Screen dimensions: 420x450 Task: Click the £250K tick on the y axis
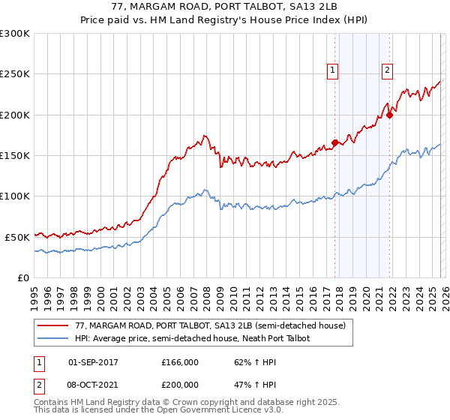(15, 74)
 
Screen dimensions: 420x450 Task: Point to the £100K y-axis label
(15, 196)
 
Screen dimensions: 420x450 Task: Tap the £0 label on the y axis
(22, 277)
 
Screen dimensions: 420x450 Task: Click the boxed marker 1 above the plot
(332, 70)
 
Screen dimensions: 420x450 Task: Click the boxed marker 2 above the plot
(387, 70)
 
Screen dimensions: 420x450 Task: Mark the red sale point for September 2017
(334, 142)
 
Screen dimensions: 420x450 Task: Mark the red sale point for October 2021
(390, 115)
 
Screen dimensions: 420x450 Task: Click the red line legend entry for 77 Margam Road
(210, 326)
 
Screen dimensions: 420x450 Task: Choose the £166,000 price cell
(179, 361)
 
